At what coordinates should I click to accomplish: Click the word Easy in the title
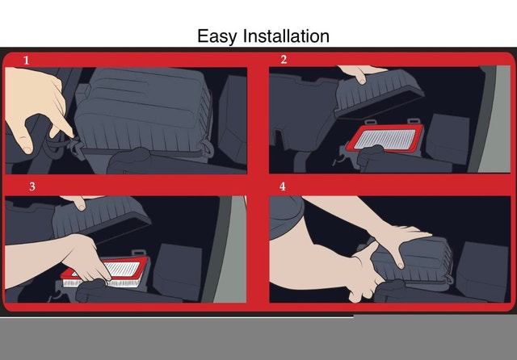(216, 36)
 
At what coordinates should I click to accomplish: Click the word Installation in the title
(286, 36)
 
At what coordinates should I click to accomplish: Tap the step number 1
(27, 61)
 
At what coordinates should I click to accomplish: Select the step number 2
(284, 60)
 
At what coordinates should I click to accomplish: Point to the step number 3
(32, 186)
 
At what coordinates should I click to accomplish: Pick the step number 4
(283, 186)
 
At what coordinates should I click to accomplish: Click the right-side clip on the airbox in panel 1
(208, 149)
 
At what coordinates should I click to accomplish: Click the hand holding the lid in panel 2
(361, 73)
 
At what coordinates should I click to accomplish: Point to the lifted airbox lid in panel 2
(379, 94)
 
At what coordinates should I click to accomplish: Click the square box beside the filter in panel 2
(448, 138)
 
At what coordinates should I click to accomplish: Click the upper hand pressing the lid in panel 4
(401, 241)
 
